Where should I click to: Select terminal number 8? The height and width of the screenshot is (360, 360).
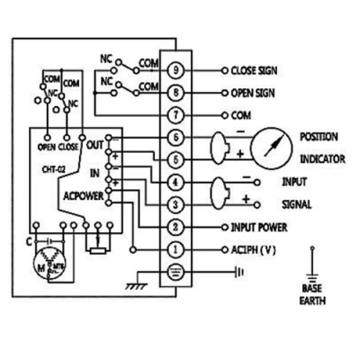click(x=176, y=92)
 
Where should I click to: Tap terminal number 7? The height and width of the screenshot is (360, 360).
click(x=176, y=115)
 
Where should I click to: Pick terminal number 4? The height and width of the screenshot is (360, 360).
click(x=176, y=183)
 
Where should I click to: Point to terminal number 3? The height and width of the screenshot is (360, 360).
click(x=176, y=206)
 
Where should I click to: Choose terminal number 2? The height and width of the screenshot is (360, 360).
click(x=176, y=228)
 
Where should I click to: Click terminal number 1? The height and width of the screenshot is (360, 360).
click(x=176, y=249)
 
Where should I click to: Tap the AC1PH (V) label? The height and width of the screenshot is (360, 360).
click(x=255, y=249)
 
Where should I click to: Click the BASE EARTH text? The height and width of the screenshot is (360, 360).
click(x=312, y=295)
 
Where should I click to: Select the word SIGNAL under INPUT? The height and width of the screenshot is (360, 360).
click(x=297, y=204)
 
